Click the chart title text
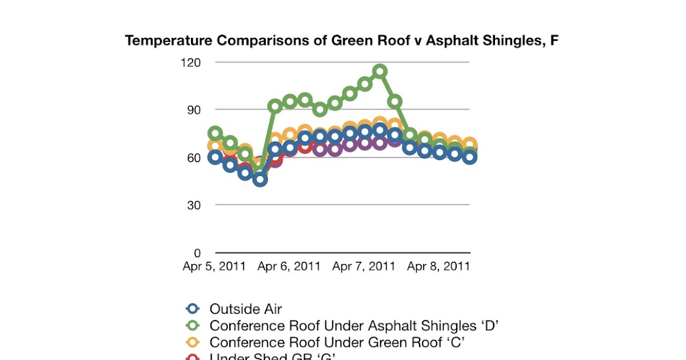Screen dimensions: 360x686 [341, 41]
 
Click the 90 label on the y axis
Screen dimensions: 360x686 [203, 109]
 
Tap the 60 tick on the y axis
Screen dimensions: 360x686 [203, 157]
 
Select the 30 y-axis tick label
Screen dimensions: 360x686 [203, 205]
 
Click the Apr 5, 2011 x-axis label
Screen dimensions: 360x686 [214, 266]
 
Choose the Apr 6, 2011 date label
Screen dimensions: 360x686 [289, 266]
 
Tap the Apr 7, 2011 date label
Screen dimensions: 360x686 [364, 266]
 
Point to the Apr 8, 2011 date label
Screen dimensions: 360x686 [438, 266]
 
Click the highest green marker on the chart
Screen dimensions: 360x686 [380, 71]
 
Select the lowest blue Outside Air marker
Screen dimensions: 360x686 [261, 179]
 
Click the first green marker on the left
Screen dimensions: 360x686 [215, 133]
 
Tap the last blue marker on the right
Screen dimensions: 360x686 [470, 158]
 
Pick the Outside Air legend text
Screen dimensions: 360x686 [246, 309]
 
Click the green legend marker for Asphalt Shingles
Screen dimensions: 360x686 [193, 326]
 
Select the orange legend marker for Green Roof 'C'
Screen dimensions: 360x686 [193, 342]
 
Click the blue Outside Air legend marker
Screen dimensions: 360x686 [193, 309]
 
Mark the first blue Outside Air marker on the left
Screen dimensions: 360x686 [215, 158]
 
